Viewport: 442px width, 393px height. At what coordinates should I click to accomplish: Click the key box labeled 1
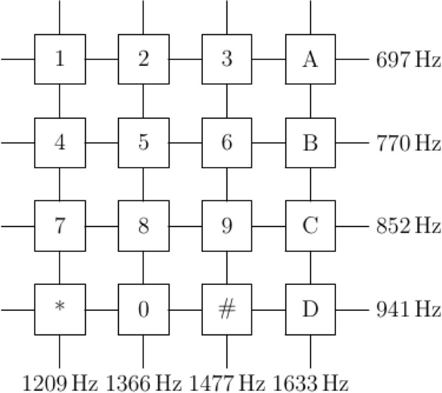60,59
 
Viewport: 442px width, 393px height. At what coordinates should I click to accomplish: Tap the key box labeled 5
144,143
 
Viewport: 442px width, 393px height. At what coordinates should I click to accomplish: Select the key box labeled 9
227,226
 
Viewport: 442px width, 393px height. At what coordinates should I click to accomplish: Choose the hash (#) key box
227,310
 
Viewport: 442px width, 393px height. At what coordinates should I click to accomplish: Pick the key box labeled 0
144,310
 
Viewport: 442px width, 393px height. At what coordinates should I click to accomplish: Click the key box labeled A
311,59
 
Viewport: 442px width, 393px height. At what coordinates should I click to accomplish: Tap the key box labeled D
311,310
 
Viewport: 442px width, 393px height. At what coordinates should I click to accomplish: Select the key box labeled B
311,143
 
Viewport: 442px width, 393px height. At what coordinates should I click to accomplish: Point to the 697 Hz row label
408,60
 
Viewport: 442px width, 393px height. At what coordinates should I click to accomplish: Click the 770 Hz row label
408,144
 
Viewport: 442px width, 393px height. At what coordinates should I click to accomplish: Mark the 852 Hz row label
408,226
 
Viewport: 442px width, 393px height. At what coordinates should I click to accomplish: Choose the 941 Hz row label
408,310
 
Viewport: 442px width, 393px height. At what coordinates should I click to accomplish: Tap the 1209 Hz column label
60,384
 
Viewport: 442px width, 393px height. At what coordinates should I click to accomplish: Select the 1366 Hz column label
144,384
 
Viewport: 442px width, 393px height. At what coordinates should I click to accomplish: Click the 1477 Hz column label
227,384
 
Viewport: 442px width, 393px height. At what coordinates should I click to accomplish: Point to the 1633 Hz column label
311,384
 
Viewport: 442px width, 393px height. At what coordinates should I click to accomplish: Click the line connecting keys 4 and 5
102,143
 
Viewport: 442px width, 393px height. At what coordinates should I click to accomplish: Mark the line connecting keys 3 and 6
227,101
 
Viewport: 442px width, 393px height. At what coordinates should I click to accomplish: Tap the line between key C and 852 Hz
352,226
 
